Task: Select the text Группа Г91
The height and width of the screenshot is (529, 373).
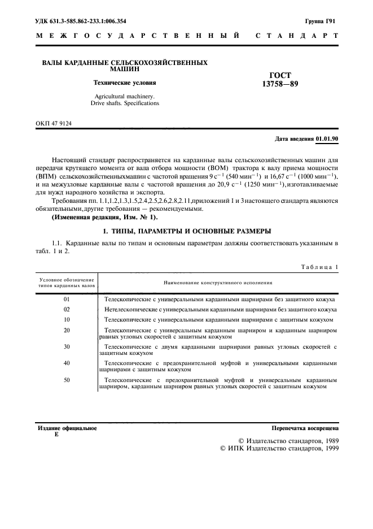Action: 320,21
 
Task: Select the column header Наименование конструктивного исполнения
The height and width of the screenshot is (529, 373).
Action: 218,281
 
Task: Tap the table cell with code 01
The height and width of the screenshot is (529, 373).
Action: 67,298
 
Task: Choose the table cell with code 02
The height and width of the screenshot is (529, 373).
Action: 67,309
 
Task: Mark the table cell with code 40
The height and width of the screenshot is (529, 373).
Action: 67,363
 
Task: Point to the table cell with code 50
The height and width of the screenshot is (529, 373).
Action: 67,380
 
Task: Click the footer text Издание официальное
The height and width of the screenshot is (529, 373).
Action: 67,428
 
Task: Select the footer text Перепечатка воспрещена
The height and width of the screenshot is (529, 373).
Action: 305,428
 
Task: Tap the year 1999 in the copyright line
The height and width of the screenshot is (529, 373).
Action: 326,448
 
